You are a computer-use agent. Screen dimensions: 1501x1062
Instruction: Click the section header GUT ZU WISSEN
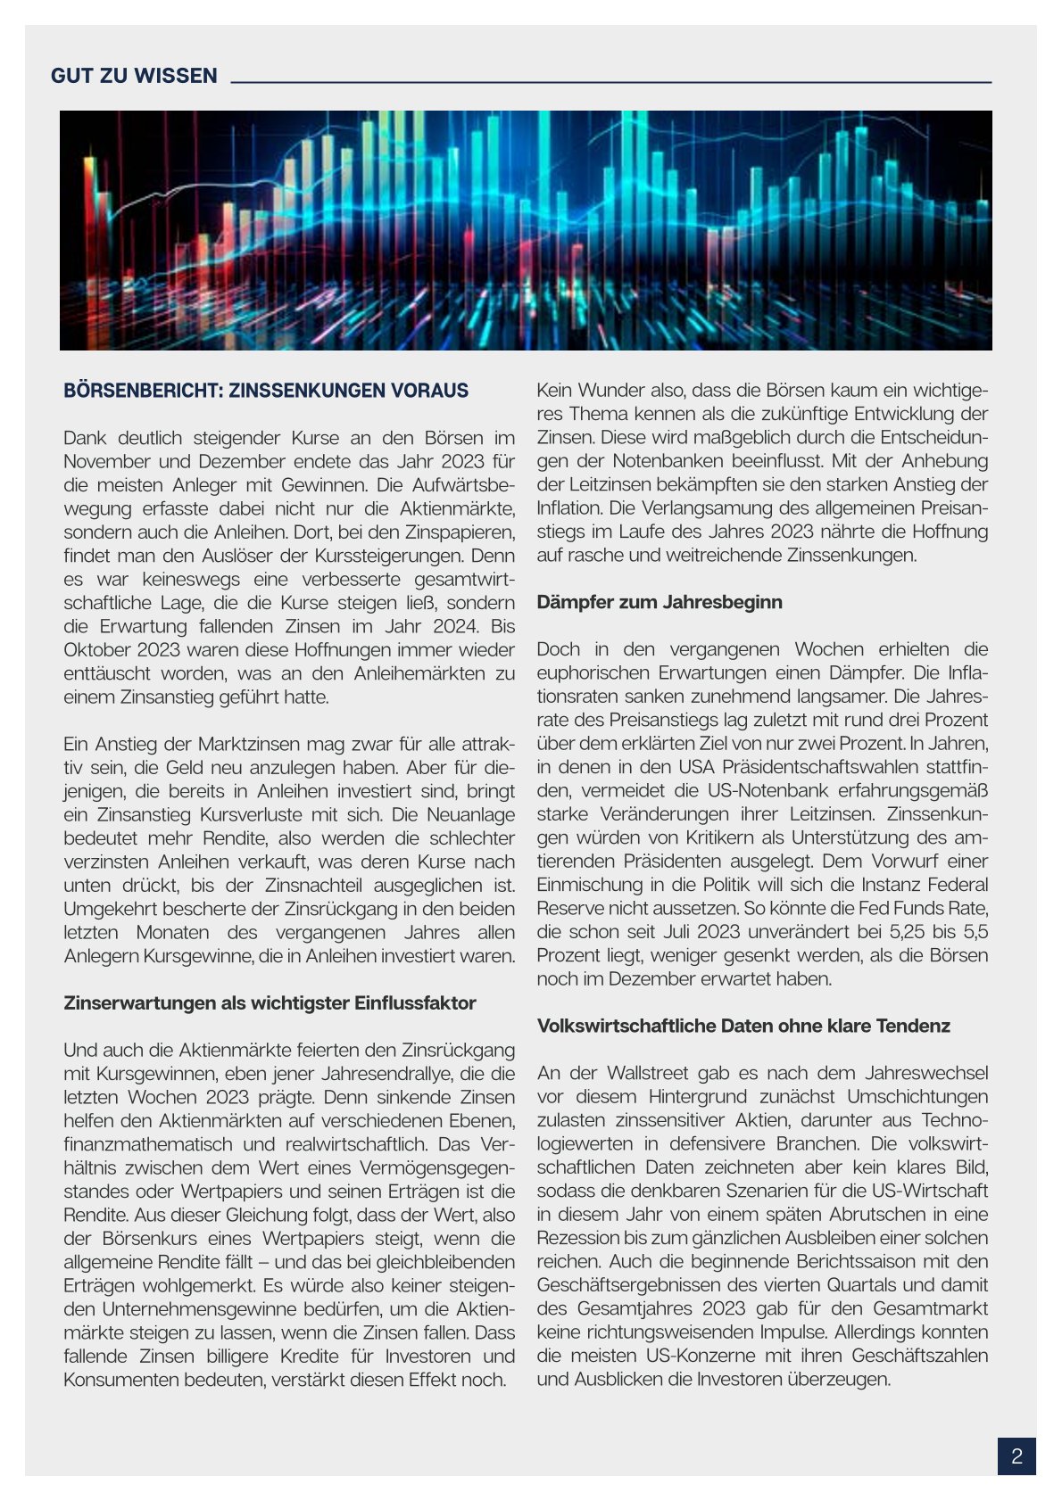134,76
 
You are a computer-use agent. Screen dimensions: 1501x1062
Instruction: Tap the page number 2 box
1016,1457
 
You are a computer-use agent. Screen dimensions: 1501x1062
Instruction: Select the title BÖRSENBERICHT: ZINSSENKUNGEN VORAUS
266,391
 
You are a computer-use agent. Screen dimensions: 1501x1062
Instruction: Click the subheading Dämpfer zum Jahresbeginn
660,602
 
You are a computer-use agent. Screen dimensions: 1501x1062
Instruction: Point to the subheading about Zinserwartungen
270,1002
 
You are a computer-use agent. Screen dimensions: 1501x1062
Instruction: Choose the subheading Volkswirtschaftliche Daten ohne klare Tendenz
743,1026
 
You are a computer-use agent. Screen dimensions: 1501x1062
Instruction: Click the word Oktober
98,649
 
